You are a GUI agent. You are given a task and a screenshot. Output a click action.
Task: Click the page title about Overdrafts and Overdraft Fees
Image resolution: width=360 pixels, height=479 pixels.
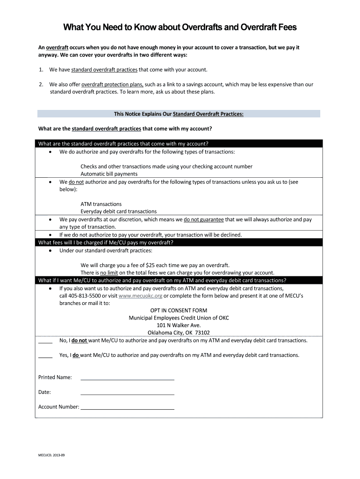(x=180, y=28)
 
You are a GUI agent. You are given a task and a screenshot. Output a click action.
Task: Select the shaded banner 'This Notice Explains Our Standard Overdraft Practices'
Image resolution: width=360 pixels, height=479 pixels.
(x=179, y=114)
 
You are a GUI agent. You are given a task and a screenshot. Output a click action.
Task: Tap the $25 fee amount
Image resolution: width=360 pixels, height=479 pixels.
(x=151, y=265)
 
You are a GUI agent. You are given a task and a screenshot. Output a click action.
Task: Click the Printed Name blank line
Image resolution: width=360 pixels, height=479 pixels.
(x=127, y=377)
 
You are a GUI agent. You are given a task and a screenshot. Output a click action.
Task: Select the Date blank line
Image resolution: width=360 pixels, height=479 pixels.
(x=127, y=392)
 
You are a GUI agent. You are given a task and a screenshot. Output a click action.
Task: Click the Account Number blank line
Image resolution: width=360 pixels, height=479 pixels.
(x=127, y=407)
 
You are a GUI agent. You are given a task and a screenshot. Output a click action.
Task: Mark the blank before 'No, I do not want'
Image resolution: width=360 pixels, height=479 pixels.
(x=45, y=341)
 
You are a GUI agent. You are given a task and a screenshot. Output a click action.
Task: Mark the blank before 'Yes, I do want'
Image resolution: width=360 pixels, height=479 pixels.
(x=45, y=356)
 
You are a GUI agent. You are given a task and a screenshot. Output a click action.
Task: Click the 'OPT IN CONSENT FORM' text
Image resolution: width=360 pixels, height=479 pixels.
(x=179, y=311)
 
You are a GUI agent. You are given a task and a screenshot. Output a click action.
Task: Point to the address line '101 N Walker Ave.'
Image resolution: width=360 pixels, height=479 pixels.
(x=179, y=325)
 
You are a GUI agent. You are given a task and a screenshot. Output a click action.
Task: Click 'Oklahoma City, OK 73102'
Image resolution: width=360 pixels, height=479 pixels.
(x=179, y=333)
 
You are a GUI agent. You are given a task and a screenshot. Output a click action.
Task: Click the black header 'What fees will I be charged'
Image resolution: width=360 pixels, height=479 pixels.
(x=106, y=242)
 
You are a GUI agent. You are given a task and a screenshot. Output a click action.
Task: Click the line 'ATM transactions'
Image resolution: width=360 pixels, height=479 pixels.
(x=101, y=204)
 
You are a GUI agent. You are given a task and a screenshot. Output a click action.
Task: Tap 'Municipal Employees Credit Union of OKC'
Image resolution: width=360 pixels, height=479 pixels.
(x=179, y=318)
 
